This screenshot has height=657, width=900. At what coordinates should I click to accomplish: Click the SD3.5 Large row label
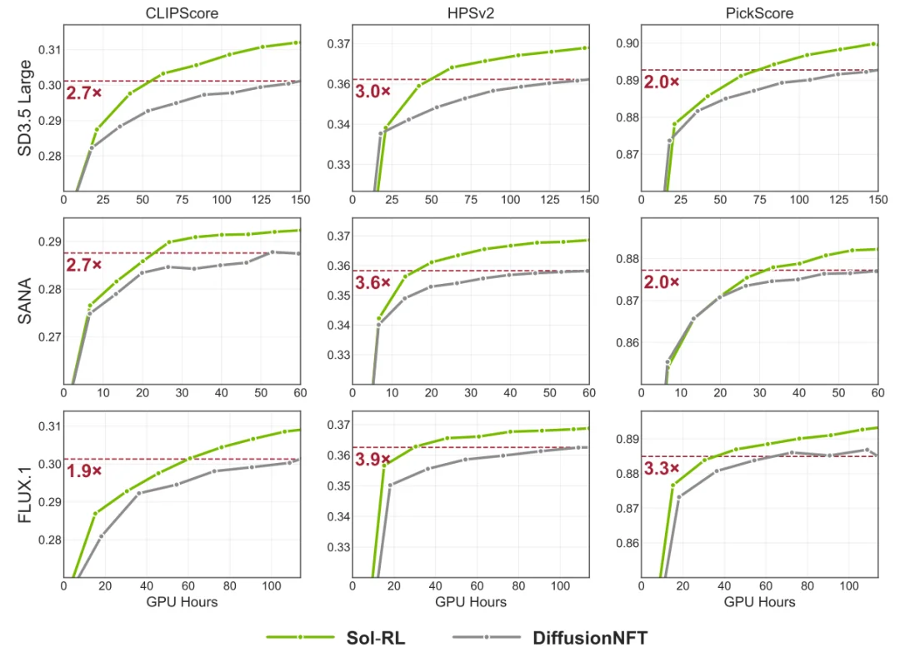26,109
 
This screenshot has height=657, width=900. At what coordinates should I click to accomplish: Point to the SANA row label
26,302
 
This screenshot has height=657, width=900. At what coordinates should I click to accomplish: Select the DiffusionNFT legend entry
590,638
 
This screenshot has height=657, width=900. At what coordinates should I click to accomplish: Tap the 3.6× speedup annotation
372,283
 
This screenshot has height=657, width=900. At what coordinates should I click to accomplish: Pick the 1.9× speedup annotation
84,470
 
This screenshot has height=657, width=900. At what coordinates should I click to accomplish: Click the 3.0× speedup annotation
372,92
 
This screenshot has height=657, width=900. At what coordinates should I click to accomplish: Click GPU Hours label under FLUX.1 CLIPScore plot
182,602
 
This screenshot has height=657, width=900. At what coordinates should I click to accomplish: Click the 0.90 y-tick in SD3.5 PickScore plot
625,43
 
